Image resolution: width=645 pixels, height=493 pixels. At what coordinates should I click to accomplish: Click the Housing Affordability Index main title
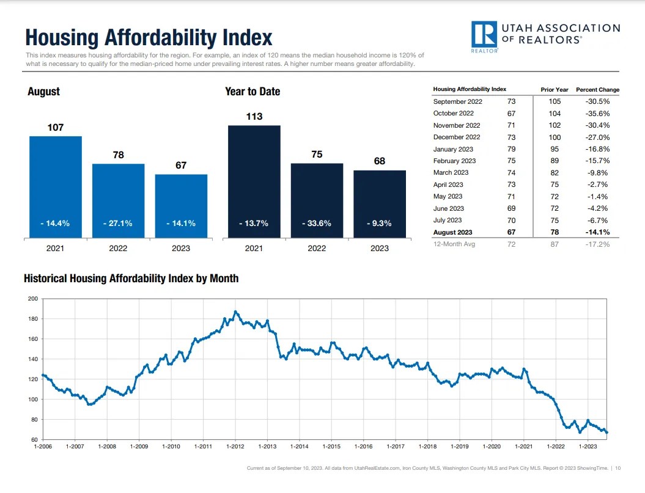coord(149,37)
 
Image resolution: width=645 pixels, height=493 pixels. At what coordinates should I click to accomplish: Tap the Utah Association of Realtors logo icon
coord(484,36)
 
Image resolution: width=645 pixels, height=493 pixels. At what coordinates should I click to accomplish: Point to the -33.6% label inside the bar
coord(317,224)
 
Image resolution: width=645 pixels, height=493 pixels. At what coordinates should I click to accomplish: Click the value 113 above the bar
coord(254,116)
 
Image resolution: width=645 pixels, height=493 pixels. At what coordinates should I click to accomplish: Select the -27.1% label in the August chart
coord(118,224)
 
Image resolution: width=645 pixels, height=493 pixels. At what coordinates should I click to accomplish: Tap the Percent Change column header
coord(597,90)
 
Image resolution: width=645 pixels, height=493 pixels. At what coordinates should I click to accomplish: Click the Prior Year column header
coord(555,90)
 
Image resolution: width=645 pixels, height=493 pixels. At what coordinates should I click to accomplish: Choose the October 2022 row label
coord(453,113)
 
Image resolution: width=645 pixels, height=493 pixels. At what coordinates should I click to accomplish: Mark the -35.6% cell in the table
coord(597,113)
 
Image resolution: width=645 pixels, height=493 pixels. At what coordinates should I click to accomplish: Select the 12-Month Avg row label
coord(454,244)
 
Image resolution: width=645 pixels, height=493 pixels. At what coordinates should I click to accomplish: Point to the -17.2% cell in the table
coord(597,244)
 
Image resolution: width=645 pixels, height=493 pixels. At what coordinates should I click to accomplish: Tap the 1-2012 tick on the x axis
coord(235,447)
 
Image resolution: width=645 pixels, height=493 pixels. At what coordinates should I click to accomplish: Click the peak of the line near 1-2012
coord(235,312)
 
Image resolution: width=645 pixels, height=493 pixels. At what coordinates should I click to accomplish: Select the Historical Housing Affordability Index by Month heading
coord(131,279)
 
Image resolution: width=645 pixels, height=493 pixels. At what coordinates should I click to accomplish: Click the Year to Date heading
coord(252,92)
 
